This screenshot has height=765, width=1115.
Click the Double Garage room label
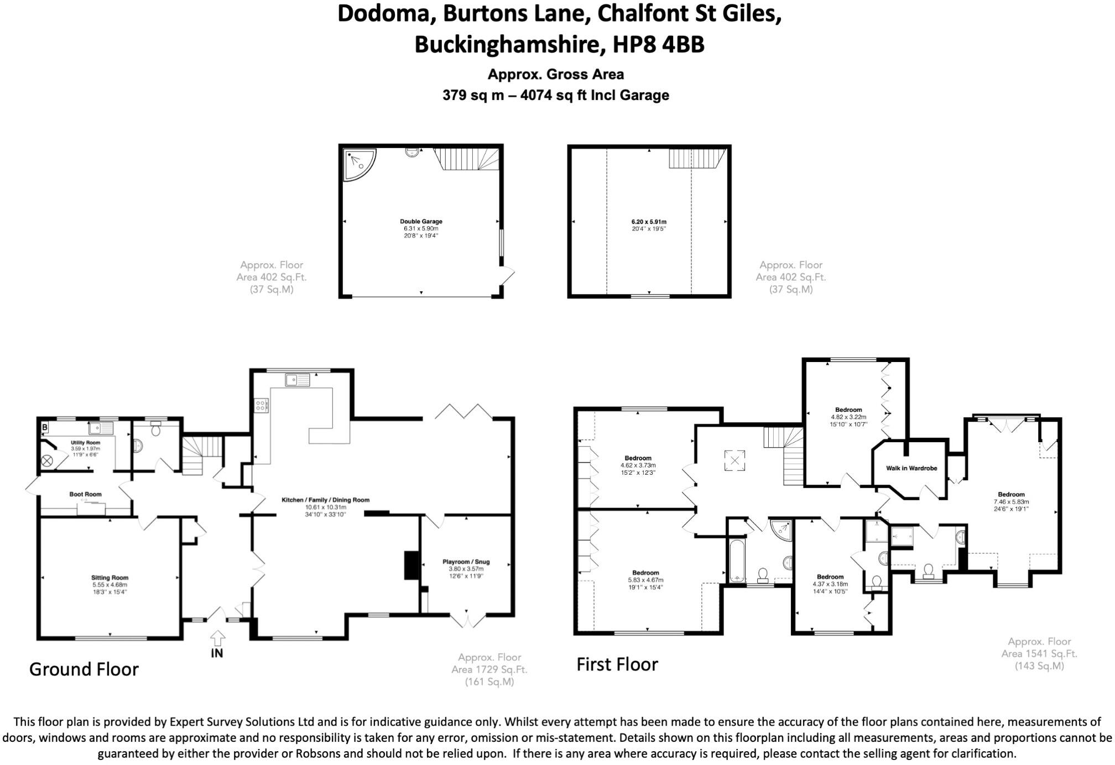(421, 222)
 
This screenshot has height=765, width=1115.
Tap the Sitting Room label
(110, 578)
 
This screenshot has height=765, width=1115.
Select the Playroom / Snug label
(466, 562)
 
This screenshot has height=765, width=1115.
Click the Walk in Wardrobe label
(911, 468)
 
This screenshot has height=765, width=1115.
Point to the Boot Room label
(86, 494)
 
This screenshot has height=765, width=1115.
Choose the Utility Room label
(85, 443)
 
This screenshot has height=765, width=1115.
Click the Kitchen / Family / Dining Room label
(325, 500)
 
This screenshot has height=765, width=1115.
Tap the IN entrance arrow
(217, 638)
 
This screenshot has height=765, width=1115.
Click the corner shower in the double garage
(358, 164)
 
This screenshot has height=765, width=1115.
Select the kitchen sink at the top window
(298, 380)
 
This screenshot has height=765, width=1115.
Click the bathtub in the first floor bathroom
(737, 561)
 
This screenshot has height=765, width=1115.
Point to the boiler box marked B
(45, 427)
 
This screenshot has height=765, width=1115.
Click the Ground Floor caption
(84, 669)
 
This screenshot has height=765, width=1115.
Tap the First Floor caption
(617, 664)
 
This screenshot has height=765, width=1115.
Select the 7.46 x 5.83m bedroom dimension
(1011, 502)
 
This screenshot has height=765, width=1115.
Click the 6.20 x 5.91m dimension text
(649, 222)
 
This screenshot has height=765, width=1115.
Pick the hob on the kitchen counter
(261, 406)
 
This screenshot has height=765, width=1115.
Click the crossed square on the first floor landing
(734, 460)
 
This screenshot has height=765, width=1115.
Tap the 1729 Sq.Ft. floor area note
(489, 669)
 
